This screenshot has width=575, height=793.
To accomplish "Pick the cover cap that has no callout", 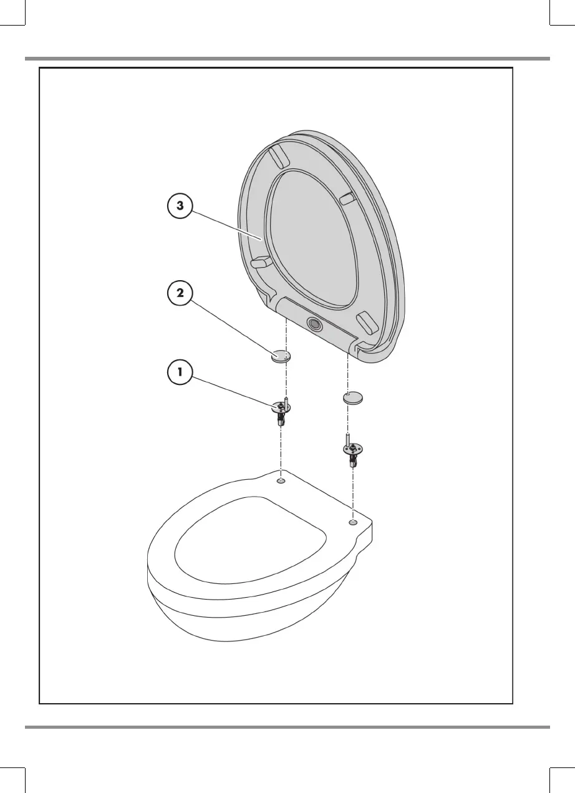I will (x=354, y=397).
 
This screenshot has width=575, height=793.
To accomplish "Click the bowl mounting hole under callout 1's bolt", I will (x=281, y=481).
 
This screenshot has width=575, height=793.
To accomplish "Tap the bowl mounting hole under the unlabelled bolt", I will (x=353, y=522).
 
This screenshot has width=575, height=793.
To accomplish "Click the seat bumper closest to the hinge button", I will (x=367, y=324).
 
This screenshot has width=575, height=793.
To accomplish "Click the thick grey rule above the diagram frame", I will (x=287, y=59).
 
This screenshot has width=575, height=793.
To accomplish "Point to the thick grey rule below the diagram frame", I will (x=287, y=726).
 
